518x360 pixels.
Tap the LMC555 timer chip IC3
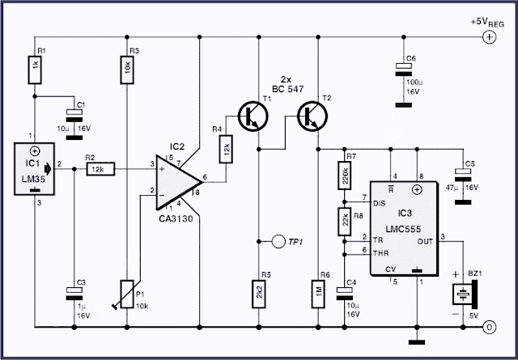(405, 227)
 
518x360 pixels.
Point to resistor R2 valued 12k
(100, 168)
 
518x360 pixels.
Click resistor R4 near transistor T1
(227, 149)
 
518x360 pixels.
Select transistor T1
(252, 115)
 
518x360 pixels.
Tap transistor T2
(312, 115)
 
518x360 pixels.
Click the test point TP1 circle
(277, 241)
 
